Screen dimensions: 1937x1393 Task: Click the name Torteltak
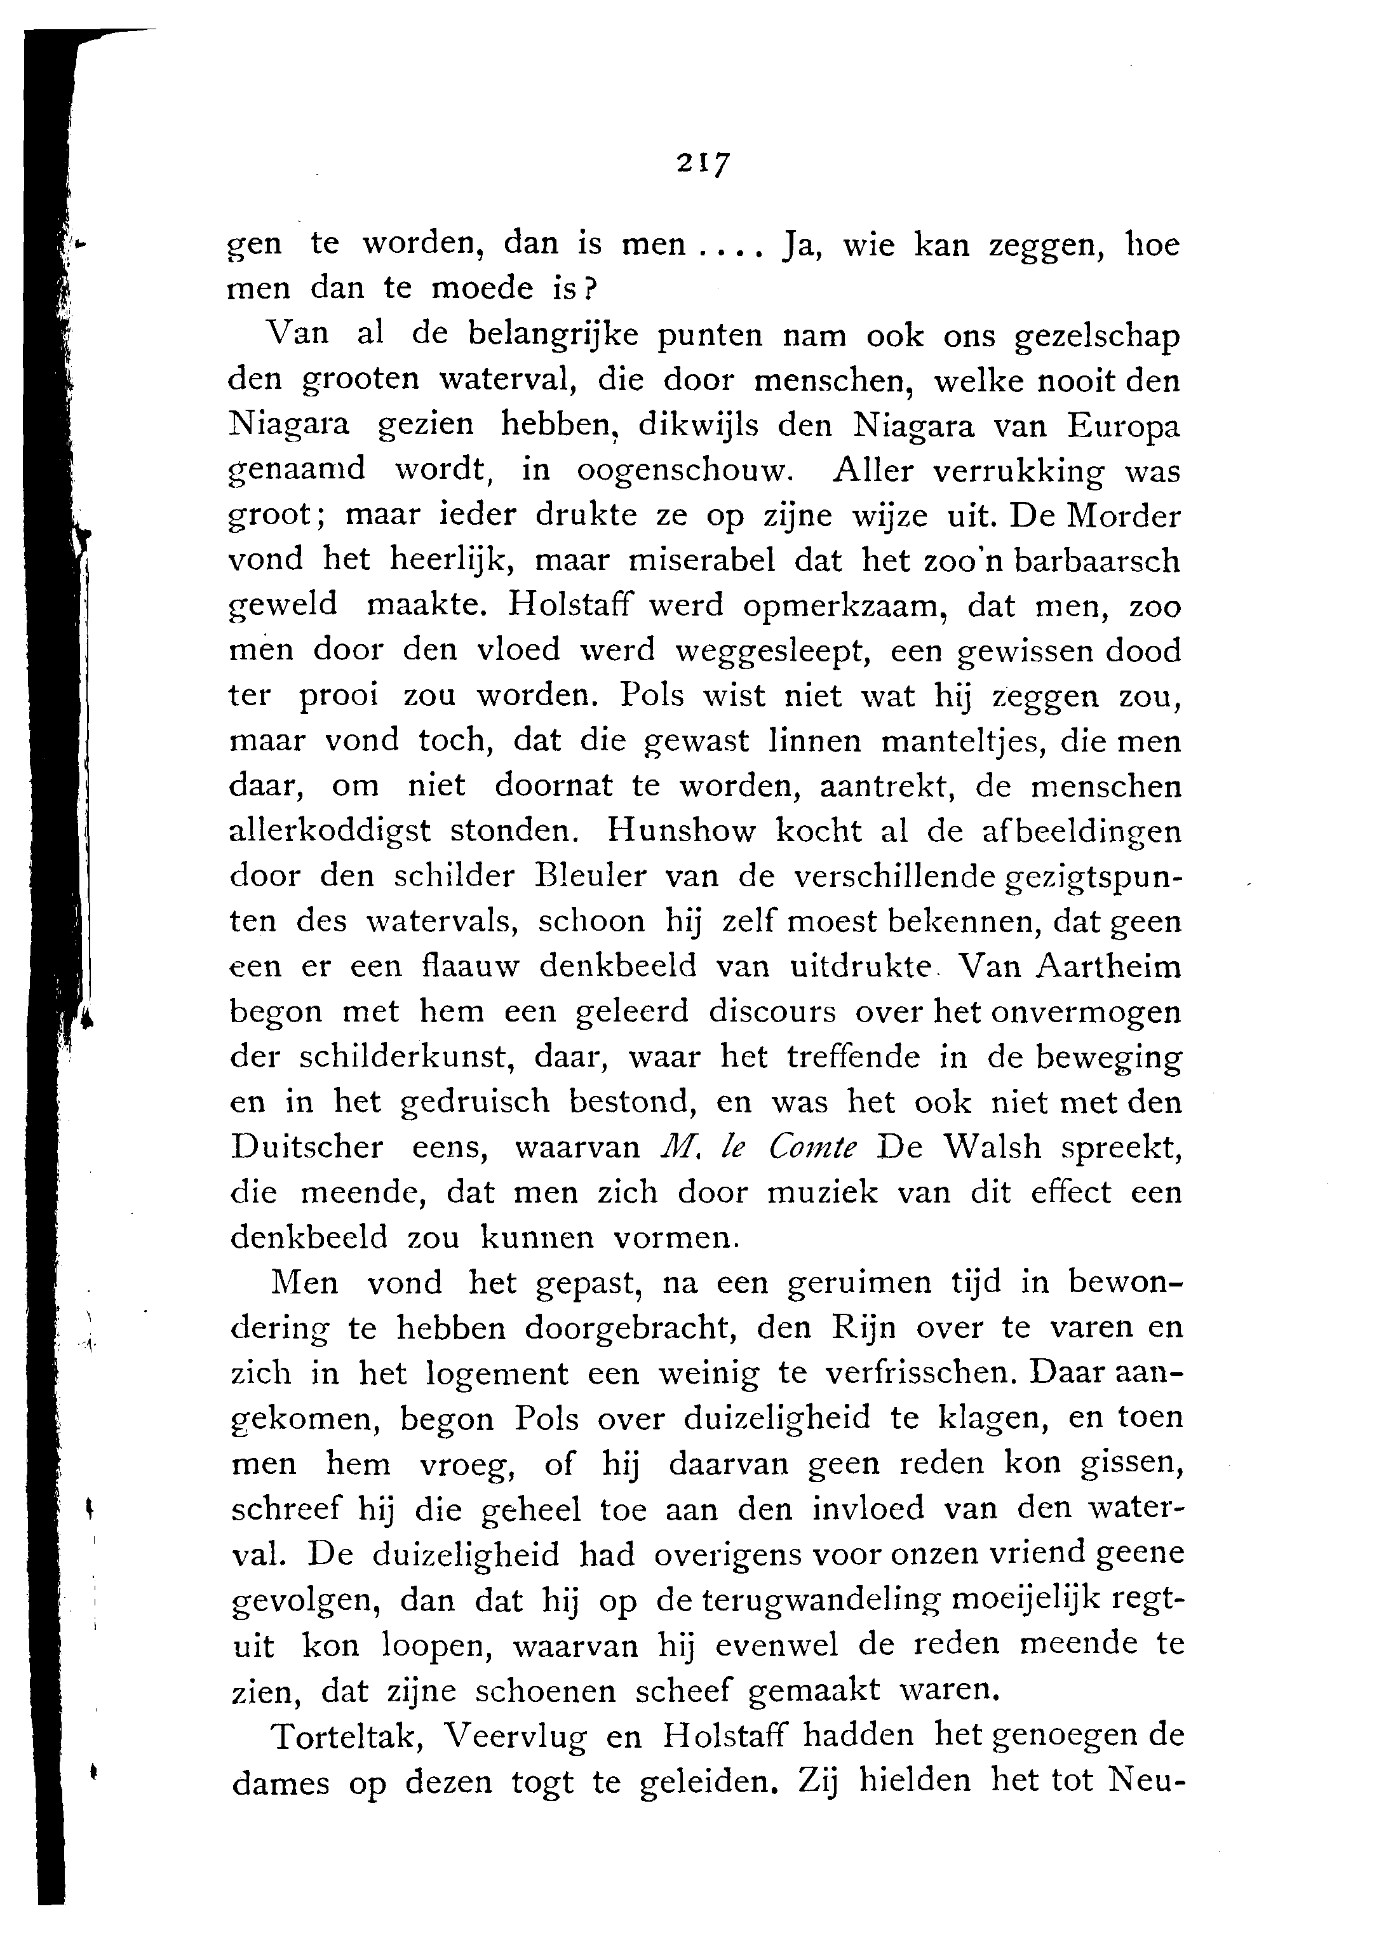click(x=344, y=1734)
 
